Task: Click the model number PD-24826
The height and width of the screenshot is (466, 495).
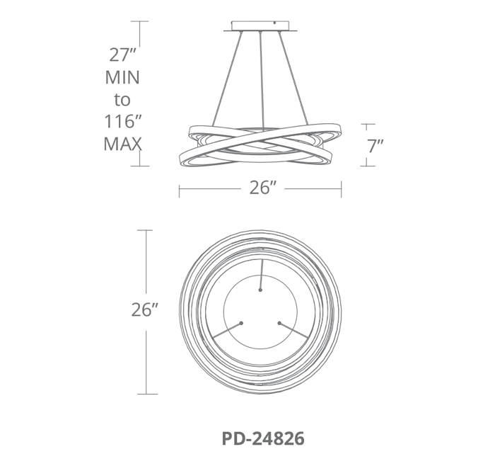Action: click(263, 438)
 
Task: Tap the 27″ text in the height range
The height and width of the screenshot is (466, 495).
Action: click(122, 55)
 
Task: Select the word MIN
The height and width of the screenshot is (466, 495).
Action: click(122, 77)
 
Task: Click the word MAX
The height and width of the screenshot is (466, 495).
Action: click(122, 144)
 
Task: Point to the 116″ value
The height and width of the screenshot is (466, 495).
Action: click(123, 121)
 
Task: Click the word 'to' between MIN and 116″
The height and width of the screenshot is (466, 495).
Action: click(122, 100)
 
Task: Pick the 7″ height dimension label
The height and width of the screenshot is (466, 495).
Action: click(375, 146)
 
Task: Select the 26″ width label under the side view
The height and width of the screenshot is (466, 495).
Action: click(263, 188)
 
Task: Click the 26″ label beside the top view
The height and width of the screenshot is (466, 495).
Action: click(144, 309)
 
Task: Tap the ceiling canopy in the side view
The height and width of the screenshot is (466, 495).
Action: click(260, 26)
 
